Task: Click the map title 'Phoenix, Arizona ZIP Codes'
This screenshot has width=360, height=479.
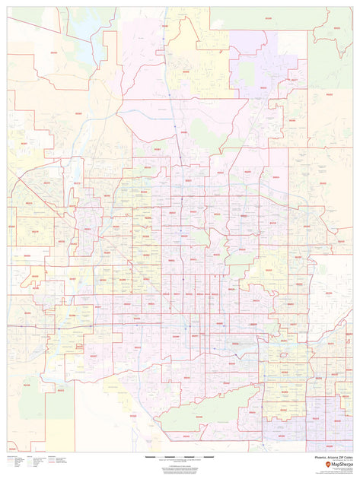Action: pyautogui.click(x=327, y=457)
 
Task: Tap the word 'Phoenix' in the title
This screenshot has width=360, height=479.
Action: pyautogui.click(x=314, y=457)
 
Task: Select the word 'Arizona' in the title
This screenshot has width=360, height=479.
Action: pyautogui.click(x=326, y=457)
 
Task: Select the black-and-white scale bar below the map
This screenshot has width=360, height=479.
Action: pyautogui.click(x=180, y=456)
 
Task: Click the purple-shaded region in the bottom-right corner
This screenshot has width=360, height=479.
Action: pyautogui.click(x=327, y=426)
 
